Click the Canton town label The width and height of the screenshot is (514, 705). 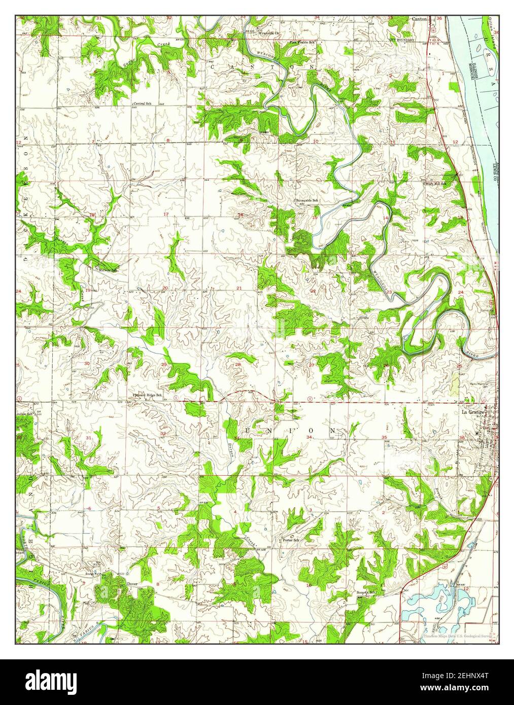pyautogui.click(x=419, y=19)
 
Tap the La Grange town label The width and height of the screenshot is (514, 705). pyautogui.click(x=471, y=412)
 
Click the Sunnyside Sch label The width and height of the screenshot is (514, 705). pyautogui.click(x=307, y=201)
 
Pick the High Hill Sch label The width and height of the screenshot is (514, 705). pyautogui.click(x=435, y=184)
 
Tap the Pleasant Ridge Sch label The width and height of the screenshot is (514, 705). pyautogui.click(x=147, y=395)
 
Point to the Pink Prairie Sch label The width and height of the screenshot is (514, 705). pyautogui.click(x=302, y=43)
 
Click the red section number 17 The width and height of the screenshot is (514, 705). pyautogui.click(x=166, y=215)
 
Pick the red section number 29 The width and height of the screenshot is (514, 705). pyautogui.click(x=164, y=365)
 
